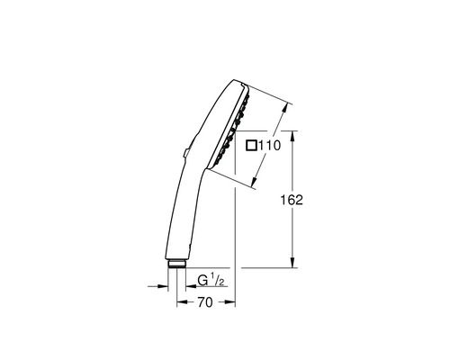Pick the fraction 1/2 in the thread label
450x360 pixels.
217,281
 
